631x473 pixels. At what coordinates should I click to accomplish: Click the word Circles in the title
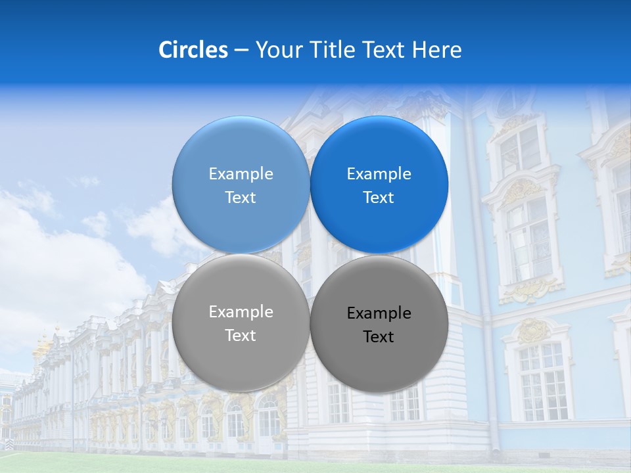tap(193, 50)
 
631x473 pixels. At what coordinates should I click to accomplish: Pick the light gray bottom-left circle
tap(241, 361)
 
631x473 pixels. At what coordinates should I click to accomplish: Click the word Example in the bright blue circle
tap(379, 174)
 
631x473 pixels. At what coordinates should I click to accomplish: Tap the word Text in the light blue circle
tap(241, 198)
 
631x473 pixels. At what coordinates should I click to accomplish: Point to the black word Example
tap(379, 313)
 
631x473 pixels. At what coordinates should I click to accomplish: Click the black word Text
tap(379, 337)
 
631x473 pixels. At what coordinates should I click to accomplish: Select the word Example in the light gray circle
tap(241, 312)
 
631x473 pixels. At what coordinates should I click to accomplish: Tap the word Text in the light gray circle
tap(241, 336)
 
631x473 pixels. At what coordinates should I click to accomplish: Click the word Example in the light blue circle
tap(241, 174)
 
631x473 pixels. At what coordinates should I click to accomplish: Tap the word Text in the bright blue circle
tap(379, 198)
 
